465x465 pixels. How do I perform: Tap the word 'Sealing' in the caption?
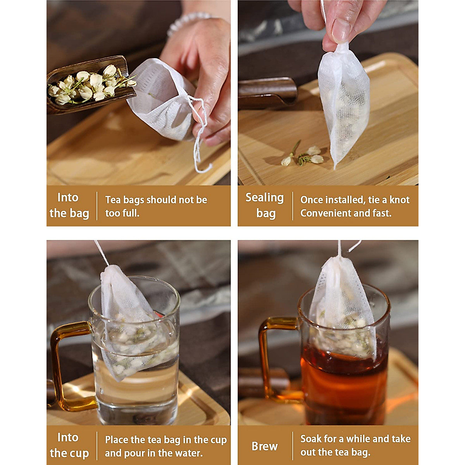pyautogui.click(x=265, y=198)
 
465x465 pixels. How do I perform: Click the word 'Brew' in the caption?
pyautogui.click(x=265, y=446)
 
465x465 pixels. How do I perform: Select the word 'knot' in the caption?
pyautogui.click(x=400, y=200)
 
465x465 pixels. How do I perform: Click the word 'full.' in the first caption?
pyautogui.click(x=131, y=213)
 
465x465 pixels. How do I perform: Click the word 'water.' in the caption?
pyautogui.click(x=189, y=453)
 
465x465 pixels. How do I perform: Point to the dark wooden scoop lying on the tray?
pyautogui.click(x=267, y=93)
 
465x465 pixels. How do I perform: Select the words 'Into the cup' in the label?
pyautogui.click(x=69, y=445)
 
